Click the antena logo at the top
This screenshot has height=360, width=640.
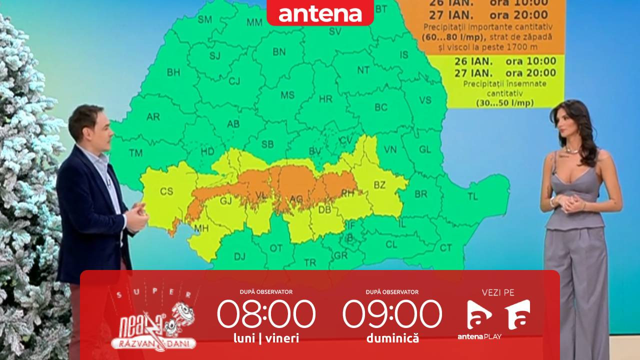click(320, 13)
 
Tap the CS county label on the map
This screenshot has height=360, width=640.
click(166, 191)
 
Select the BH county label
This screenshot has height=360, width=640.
click(173, 72)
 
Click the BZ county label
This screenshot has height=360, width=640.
click(379, 185)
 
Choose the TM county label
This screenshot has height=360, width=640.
click(135, 153)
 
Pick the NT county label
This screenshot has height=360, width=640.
click(363, 69)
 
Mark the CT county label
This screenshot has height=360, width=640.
click(445, 248)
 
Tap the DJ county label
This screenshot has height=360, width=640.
click(239, 256)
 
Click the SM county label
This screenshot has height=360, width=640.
click(204, 20)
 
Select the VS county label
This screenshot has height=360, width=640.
click(425, 100)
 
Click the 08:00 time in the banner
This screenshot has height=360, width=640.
click(266, 314)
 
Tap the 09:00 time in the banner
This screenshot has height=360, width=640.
click(392, 314)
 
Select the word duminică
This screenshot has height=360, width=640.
click(392, 338)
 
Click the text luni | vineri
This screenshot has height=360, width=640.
click(266, 338)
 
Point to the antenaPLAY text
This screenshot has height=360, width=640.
click(479, 336)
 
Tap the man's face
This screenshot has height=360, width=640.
click(90, 130)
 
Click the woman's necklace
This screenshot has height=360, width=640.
click(572, 150)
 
